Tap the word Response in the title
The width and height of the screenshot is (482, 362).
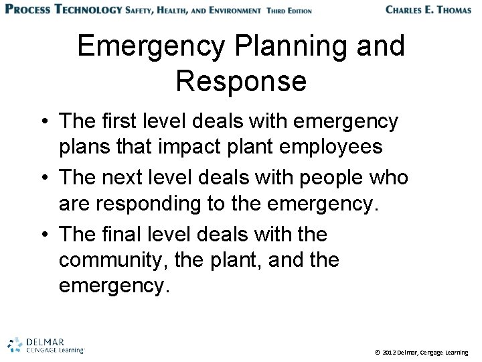coord(241,81)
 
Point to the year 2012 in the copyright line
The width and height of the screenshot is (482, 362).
coord(390,351)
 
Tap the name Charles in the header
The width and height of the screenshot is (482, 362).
coord(409,9)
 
